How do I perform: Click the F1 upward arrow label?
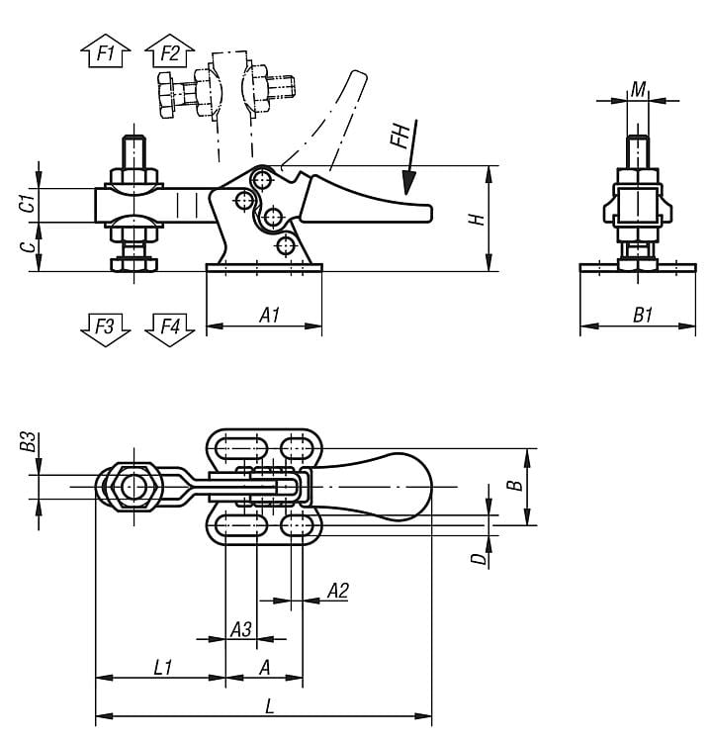tap(104, 51)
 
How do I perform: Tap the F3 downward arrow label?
tap(104, 327)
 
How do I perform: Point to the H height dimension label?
tap(477, 218)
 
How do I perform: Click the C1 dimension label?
tap(30, 204)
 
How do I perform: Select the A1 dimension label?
tap(269, 315)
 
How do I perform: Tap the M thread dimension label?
tap(639, 90)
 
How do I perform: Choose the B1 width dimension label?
tap(644, 315)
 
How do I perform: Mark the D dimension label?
tap(479, 560)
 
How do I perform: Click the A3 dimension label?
tap(240, 629)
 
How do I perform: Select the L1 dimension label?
tap(164, 668)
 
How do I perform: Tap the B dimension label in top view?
tap(513, 485)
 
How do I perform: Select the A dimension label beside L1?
tap(264, 668)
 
